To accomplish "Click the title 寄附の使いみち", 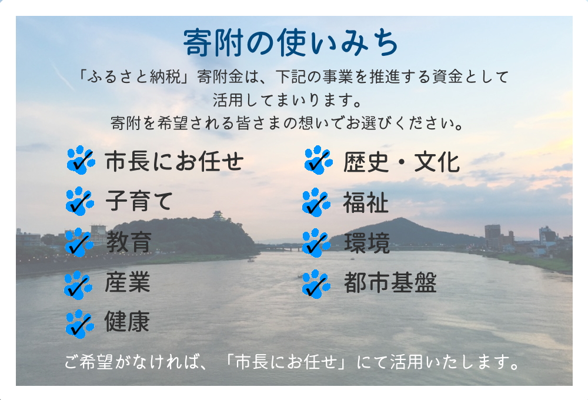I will pos(291,43).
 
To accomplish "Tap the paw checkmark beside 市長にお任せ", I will pos(81,160).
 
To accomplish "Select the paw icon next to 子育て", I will pos(80,201).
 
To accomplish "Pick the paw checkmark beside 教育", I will pos(79,242).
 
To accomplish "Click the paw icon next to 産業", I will pos(79,284).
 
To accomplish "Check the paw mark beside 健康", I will pos(79,324).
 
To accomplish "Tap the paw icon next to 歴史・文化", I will pos(318,160).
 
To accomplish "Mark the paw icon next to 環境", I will pos(316,243).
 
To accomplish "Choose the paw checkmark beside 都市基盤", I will pos(316,284).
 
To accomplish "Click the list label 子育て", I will pos(139,201).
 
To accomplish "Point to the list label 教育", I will pos(129,242).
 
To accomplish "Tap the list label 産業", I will pos(128,283).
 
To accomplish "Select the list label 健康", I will pos(128,323).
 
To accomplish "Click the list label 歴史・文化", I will pos(401,162).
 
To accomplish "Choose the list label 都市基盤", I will pos(390,284).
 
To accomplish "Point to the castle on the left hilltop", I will pos(218,216).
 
